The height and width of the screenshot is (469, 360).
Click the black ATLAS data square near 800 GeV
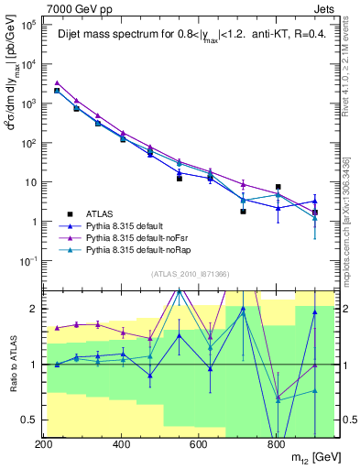278,187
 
